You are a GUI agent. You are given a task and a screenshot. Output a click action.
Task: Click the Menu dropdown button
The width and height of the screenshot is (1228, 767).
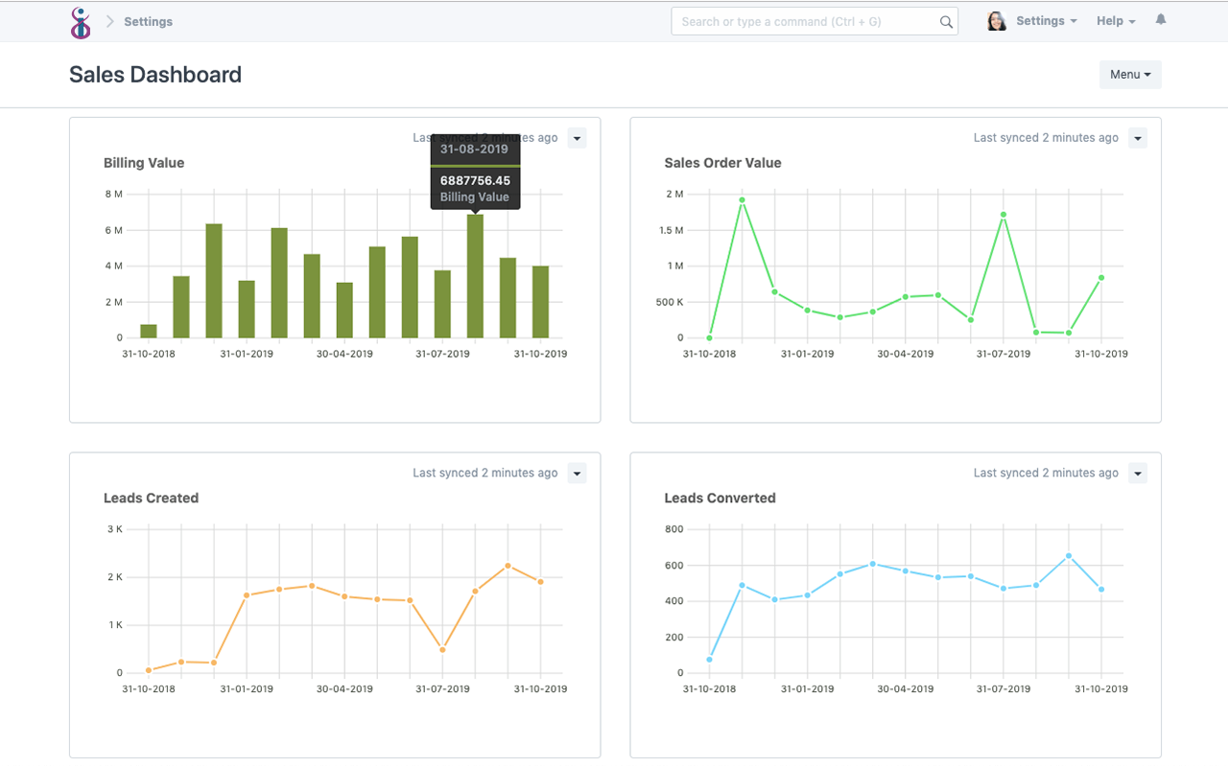1130,75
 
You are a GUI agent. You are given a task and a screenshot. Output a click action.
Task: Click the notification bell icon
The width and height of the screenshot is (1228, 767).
1161,20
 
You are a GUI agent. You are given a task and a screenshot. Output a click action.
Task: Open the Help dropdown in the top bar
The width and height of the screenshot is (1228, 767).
1116,21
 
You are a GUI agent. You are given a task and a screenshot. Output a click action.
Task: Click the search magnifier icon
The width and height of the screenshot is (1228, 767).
946,22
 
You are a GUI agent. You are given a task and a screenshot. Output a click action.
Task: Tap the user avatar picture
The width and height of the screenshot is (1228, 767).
997,21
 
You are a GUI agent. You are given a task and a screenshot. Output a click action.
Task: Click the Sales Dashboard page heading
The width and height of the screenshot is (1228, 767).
155,75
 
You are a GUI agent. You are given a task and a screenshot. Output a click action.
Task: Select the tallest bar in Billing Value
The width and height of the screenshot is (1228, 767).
475,276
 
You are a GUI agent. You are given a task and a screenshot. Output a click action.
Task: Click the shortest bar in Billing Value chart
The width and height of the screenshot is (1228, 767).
149,331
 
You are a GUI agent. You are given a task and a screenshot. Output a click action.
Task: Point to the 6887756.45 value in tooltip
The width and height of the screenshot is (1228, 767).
475,180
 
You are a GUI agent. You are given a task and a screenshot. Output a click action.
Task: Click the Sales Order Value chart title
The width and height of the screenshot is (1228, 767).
722,163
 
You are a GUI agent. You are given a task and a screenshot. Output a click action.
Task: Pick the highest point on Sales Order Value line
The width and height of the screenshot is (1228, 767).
742,199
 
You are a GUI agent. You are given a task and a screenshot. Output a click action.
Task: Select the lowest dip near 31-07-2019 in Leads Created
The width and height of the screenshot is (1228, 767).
442,650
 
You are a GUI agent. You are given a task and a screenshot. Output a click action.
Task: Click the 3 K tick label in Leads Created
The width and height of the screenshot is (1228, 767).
114,529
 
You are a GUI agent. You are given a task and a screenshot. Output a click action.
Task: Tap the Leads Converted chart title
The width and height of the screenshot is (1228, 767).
720,499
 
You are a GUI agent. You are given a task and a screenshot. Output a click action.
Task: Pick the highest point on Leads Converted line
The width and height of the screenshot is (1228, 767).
1068,556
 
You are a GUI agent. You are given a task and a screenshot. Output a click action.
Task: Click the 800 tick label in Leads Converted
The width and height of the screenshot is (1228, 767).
673,529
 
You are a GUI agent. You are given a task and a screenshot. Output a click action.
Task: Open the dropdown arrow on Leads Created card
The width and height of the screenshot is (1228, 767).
577,474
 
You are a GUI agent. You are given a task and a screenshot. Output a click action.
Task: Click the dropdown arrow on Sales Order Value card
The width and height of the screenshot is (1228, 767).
1137,138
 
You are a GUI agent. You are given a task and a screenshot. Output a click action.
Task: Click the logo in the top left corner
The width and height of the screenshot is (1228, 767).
82,22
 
